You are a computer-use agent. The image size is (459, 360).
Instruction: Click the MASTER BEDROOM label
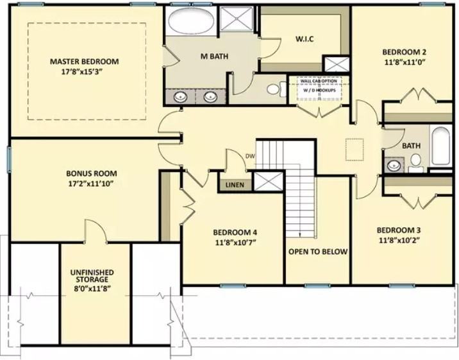pyautogui.click(x=85, y=62)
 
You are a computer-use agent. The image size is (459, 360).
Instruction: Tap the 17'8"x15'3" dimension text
pyautogui.click(x=85, y=72)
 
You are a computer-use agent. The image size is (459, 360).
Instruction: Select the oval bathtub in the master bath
pyautogui.click(x=190, y=22)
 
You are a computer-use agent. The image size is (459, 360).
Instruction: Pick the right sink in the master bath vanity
pyautogui.click(x=210, y=97)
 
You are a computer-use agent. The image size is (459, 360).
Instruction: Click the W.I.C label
pyautogui.click(x=304, y=39)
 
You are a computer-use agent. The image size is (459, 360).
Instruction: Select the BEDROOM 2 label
pyautogui.click(x=404, y=52)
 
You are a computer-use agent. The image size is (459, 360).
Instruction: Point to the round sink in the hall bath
pyautogui.click(x=393, y=165)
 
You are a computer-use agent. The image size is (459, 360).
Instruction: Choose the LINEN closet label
pyautogui.click(x=235, y=185)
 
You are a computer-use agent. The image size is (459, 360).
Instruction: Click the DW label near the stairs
pyautogui.click(x=251, y=156)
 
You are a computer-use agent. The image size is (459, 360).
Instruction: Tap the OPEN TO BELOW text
pyautogui.click(x=317, y=252)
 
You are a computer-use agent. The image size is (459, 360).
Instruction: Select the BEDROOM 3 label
pyautogui.click(x=398, y=230)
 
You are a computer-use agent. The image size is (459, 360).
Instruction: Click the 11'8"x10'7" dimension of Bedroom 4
pyautogui.click(x=235, y=243)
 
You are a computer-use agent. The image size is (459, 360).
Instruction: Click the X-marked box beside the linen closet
pyautogui.click(x=268, y=181)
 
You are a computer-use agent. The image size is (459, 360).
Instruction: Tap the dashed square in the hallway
pyautogui.click(x=354, y=150)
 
